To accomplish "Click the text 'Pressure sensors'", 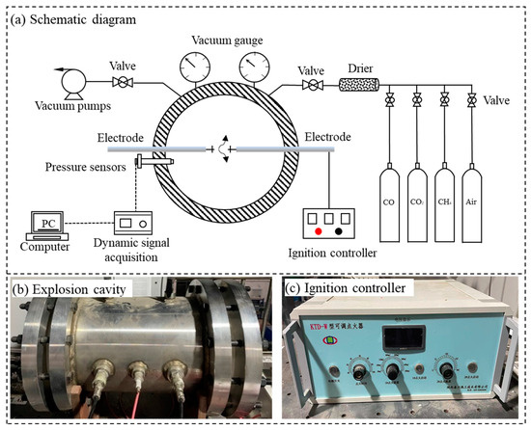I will [x=82, y=166].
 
